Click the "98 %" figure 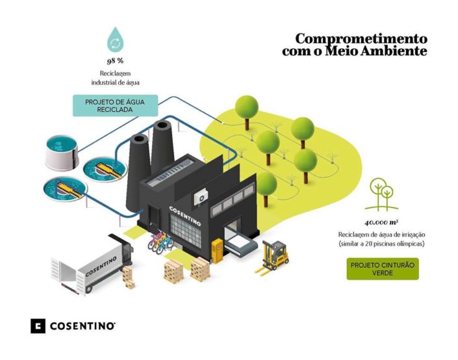pyautogui.click(x=116, y=61)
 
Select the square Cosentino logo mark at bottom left pyautogui.click(x=38, y=325)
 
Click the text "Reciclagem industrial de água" pyautogui.click(x=115, y=79)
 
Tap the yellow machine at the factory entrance pyautogui.click(x=218, y=250)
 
